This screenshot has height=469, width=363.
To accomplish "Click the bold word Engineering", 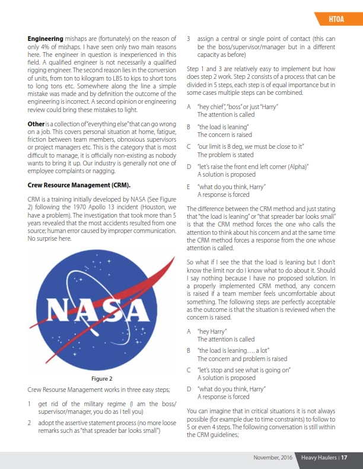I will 46,39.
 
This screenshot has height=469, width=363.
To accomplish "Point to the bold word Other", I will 36,123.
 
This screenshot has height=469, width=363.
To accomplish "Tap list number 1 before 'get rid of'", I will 30,403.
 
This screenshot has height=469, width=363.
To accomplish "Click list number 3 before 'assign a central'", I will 189,39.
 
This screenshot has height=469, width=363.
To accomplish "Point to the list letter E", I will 189,187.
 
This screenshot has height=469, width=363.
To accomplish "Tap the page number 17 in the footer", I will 343,457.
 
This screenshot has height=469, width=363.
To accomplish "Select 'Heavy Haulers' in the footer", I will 318,457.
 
